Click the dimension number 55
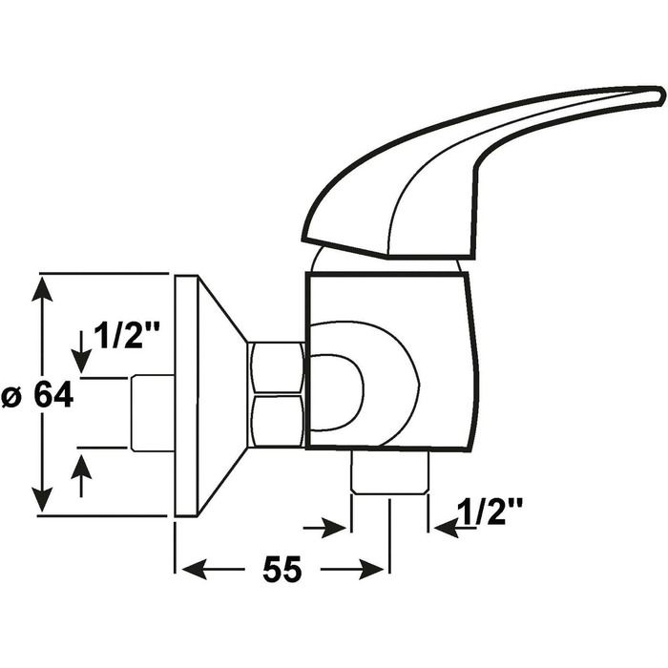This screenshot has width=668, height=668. (x=282, y=570)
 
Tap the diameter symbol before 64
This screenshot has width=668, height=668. (x=11, y=398)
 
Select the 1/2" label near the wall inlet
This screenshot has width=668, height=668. (x=127, y=335)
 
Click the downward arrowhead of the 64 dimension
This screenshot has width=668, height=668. (x=42, y=498)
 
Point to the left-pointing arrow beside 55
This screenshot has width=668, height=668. (x=213, y=570)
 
